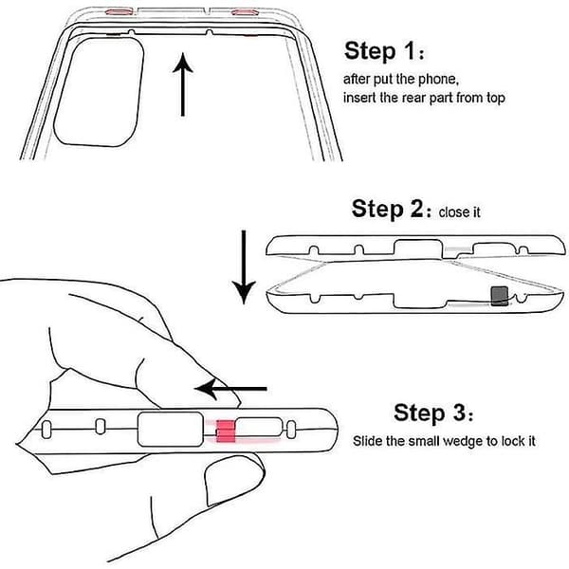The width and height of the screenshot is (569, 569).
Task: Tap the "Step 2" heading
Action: point(391,209)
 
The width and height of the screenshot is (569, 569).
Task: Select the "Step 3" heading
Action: point(433,413)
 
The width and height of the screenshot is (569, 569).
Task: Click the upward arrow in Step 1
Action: point(182,84)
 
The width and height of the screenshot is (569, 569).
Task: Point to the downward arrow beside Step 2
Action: point(244,267)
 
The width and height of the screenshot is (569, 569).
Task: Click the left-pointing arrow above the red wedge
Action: point(230,389)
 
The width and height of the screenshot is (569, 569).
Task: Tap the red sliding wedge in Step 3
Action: point(226,431)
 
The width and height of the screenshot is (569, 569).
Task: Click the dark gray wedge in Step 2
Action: point(500,296)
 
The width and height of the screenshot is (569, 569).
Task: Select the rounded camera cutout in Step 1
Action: point(99,92)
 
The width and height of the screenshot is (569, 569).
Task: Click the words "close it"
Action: point(459,211)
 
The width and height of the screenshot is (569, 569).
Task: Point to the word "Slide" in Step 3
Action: point(368,441)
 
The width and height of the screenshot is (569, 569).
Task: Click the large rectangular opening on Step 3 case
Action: point(170,430)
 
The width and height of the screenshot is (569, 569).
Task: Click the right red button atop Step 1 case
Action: point(245,12)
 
